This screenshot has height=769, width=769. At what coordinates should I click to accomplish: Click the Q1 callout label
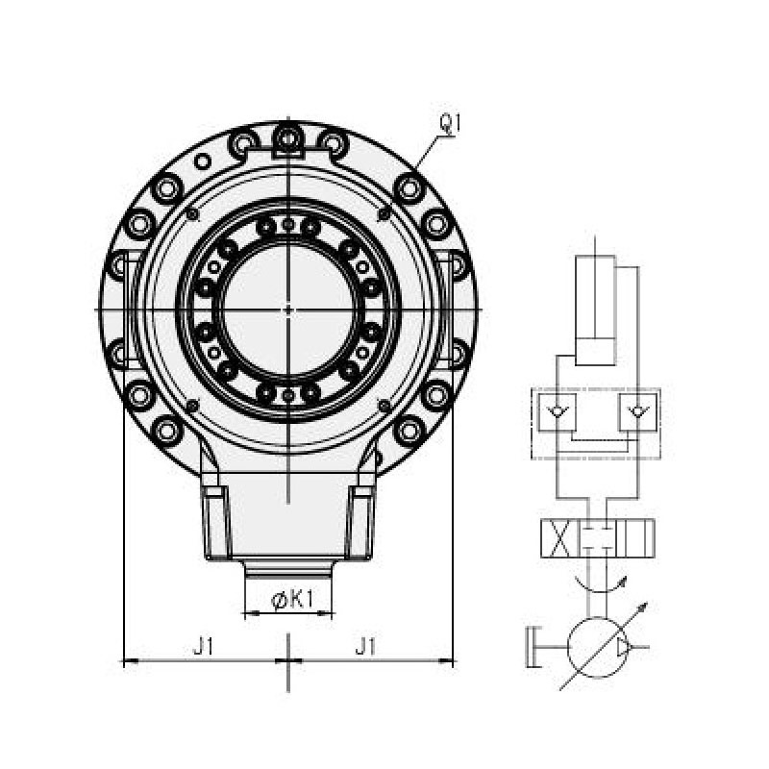(x=450, y=124)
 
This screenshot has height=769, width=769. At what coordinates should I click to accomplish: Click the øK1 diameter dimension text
(x=292, y=600)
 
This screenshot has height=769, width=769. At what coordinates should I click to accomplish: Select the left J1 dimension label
(x=204, y=646)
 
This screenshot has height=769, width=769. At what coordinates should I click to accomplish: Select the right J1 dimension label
(x=365, y=646)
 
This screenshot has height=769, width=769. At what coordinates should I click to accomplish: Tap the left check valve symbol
(x=557, y=412)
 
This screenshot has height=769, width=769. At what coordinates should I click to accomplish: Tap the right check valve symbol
(x=637, y=412)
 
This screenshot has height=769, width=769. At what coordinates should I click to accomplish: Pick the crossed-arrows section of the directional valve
(x=559, y=538)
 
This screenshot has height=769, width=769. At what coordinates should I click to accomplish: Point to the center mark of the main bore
(x=287, y=310)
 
